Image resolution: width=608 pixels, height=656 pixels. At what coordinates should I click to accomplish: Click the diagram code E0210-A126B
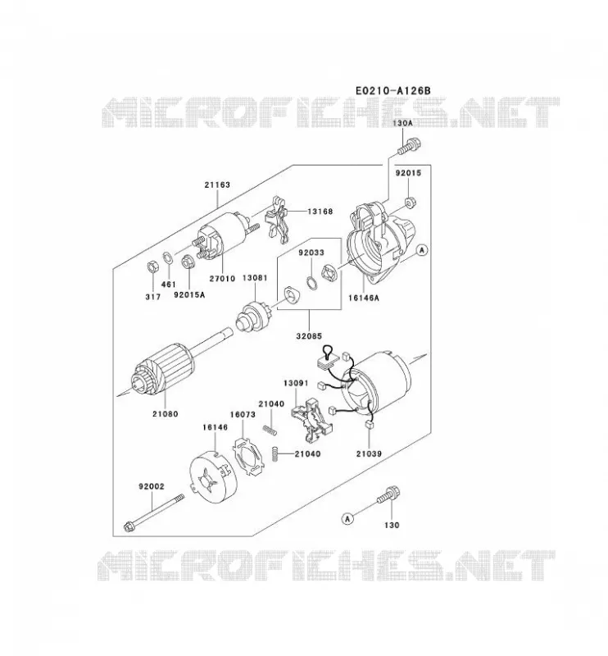(x=392, y=90)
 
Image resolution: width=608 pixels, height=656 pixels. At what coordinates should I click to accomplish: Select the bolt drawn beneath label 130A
(x=409, y=147)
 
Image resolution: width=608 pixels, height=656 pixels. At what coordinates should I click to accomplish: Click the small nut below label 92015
(x=410, y=203)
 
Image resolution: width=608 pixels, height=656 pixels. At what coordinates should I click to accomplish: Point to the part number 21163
(x=217, y=184)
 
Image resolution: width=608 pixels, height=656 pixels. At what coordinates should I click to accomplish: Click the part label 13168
(x=320, y=212)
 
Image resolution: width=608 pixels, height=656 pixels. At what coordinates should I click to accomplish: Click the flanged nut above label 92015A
(x=188, y=262)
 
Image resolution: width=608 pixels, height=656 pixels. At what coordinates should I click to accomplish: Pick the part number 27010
(x=222, y=278)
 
